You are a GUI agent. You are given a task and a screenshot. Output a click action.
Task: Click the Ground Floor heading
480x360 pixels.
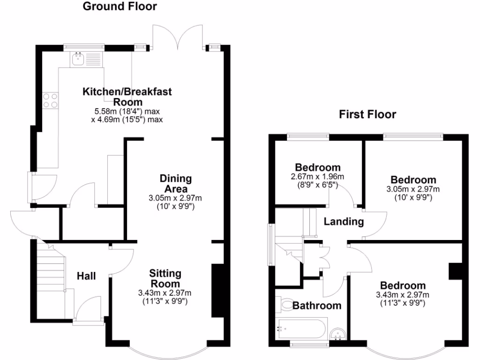point(120,7)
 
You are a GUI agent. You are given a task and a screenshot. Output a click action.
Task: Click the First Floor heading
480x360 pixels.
point(368,114)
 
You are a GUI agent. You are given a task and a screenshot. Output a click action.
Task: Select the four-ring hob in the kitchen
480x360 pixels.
point(51,100)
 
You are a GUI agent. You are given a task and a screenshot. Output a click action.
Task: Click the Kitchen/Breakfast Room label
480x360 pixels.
point(127,96)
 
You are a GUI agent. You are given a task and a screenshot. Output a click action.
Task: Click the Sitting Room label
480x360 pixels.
point(165,278)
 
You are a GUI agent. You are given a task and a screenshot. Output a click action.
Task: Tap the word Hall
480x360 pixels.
point(86,276)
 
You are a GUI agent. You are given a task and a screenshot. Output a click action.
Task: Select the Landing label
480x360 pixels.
point(344,222)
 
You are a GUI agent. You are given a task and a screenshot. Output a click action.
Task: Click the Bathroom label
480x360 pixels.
point(317,306)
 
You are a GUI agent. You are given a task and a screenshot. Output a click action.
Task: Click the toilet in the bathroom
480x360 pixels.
point(285,305)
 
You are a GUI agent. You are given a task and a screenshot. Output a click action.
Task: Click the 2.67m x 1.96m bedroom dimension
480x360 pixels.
point(317,177)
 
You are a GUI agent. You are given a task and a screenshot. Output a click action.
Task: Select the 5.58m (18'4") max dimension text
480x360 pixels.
point(127,112)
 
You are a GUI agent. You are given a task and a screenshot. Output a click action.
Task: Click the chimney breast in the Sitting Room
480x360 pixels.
point(217,291)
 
